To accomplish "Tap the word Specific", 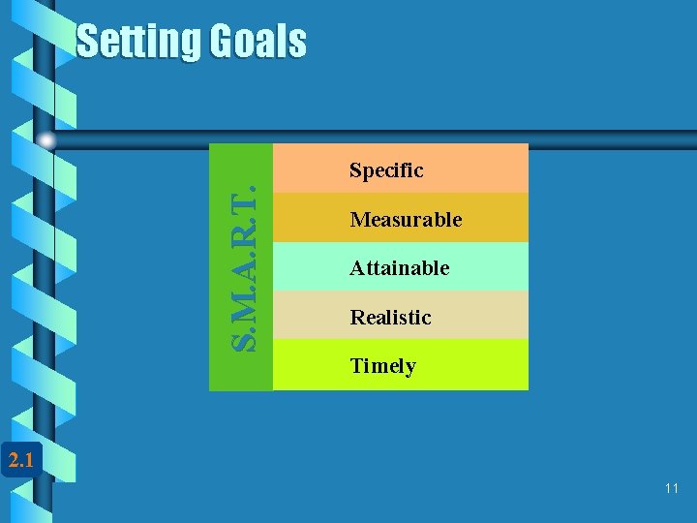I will [386, 170].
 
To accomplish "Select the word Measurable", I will [406, 220].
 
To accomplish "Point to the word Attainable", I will [400, 267].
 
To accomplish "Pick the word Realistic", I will [390, 317].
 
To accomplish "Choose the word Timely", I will [382, 366].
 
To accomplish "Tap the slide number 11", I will [672, 488].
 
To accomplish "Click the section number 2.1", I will [19, 460].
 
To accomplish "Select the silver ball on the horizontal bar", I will [46, 140].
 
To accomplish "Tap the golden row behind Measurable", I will [494, 219].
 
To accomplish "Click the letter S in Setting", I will [87, 42].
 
